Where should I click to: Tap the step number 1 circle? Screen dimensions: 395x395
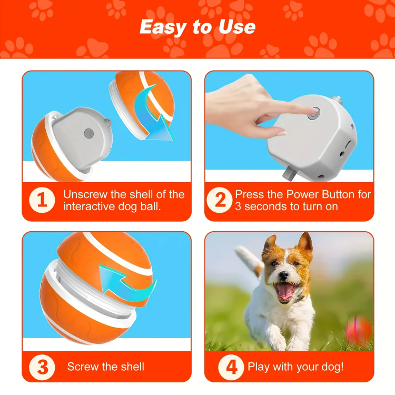coord(42,201)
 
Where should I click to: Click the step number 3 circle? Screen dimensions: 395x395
coord(42,367)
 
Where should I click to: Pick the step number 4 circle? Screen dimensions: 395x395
coord(232,367)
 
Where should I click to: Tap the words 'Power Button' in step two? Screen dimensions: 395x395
coord(328,194)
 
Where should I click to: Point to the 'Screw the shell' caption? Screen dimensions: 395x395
coord(105,367)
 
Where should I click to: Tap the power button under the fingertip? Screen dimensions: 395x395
coord(314,113)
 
